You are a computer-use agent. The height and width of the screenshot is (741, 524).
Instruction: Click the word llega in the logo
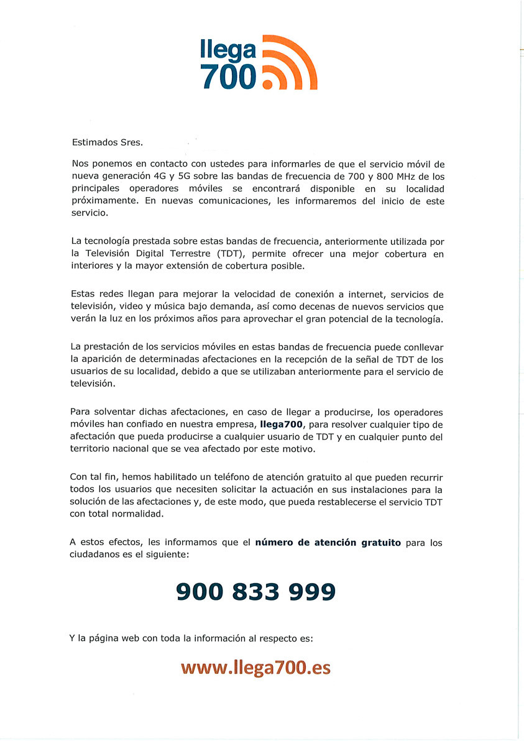(x=228, y=50)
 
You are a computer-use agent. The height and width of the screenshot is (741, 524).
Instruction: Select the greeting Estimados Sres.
(x=107, y=142)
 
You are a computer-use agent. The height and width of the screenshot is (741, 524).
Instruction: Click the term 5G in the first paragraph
(x=185, y=176)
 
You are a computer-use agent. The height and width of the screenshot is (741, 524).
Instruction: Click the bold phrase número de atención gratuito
(x=328, y=542)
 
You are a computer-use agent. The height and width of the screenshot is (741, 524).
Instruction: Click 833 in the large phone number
(x=255, y=591)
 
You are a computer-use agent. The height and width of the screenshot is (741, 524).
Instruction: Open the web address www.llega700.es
(x=255, y=668)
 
